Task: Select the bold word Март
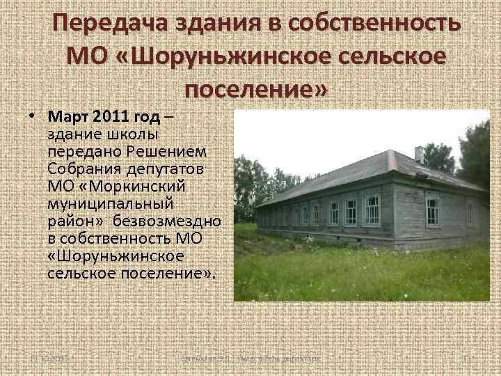tap(69, 115)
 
